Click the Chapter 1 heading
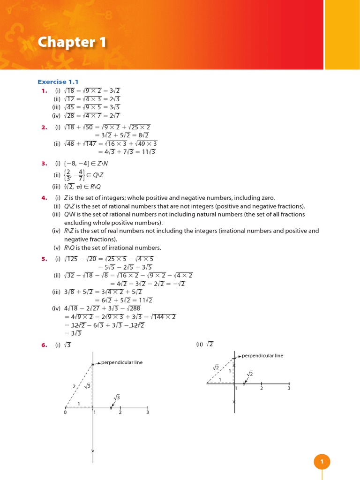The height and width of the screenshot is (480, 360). [72, 43]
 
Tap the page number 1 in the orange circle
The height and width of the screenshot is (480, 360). [322, 462]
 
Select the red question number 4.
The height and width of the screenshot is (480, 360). [45, 198]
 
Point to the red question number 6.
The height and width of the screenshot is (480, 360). [45, 345]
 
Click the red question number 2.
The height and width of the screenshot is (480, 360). [45, 127]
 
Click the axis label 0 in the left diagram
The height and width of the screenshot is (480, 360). [65, 412]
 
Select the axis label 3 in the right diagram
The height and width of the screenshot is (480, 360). [289, 389]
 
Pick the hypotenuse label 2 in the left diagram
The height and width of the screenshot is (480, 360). [74, 386]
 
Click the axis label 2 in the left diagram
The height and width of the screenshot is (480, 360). [120, 412]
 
